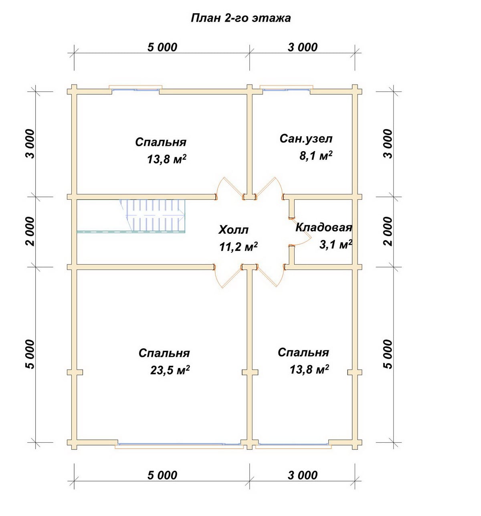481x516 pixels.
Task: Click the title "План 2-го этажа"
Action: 240,18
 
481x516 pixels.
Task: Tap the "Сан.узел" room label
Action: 306,138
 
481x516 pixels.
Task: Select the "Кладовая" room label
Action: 323,228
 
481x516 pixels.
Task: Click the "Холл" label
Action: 233,230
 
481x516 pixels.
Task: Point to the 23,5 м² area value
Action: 170,370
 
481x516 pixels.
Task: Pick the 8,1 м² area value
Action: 316,156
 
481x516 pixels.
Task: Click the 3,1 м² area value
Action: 335,245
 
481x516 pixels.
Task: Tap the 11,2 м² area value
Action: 238,247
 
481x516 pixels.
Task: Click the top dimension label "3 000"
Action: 302,47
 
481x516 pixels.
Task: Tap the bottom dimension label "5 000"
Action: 162,475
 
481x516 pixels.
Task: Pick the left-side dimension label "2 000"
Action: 30,231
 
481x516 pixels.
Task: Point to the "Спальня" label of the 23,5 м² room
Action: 164,353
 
